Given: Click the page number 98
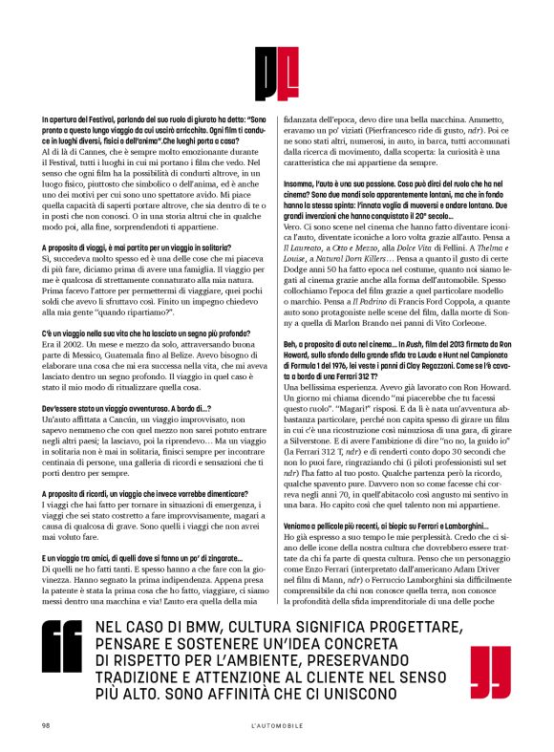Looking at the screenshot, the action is [x=45, y=725].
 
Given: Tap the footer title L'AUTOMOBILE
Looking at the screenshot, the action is [x=276, y=725].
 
